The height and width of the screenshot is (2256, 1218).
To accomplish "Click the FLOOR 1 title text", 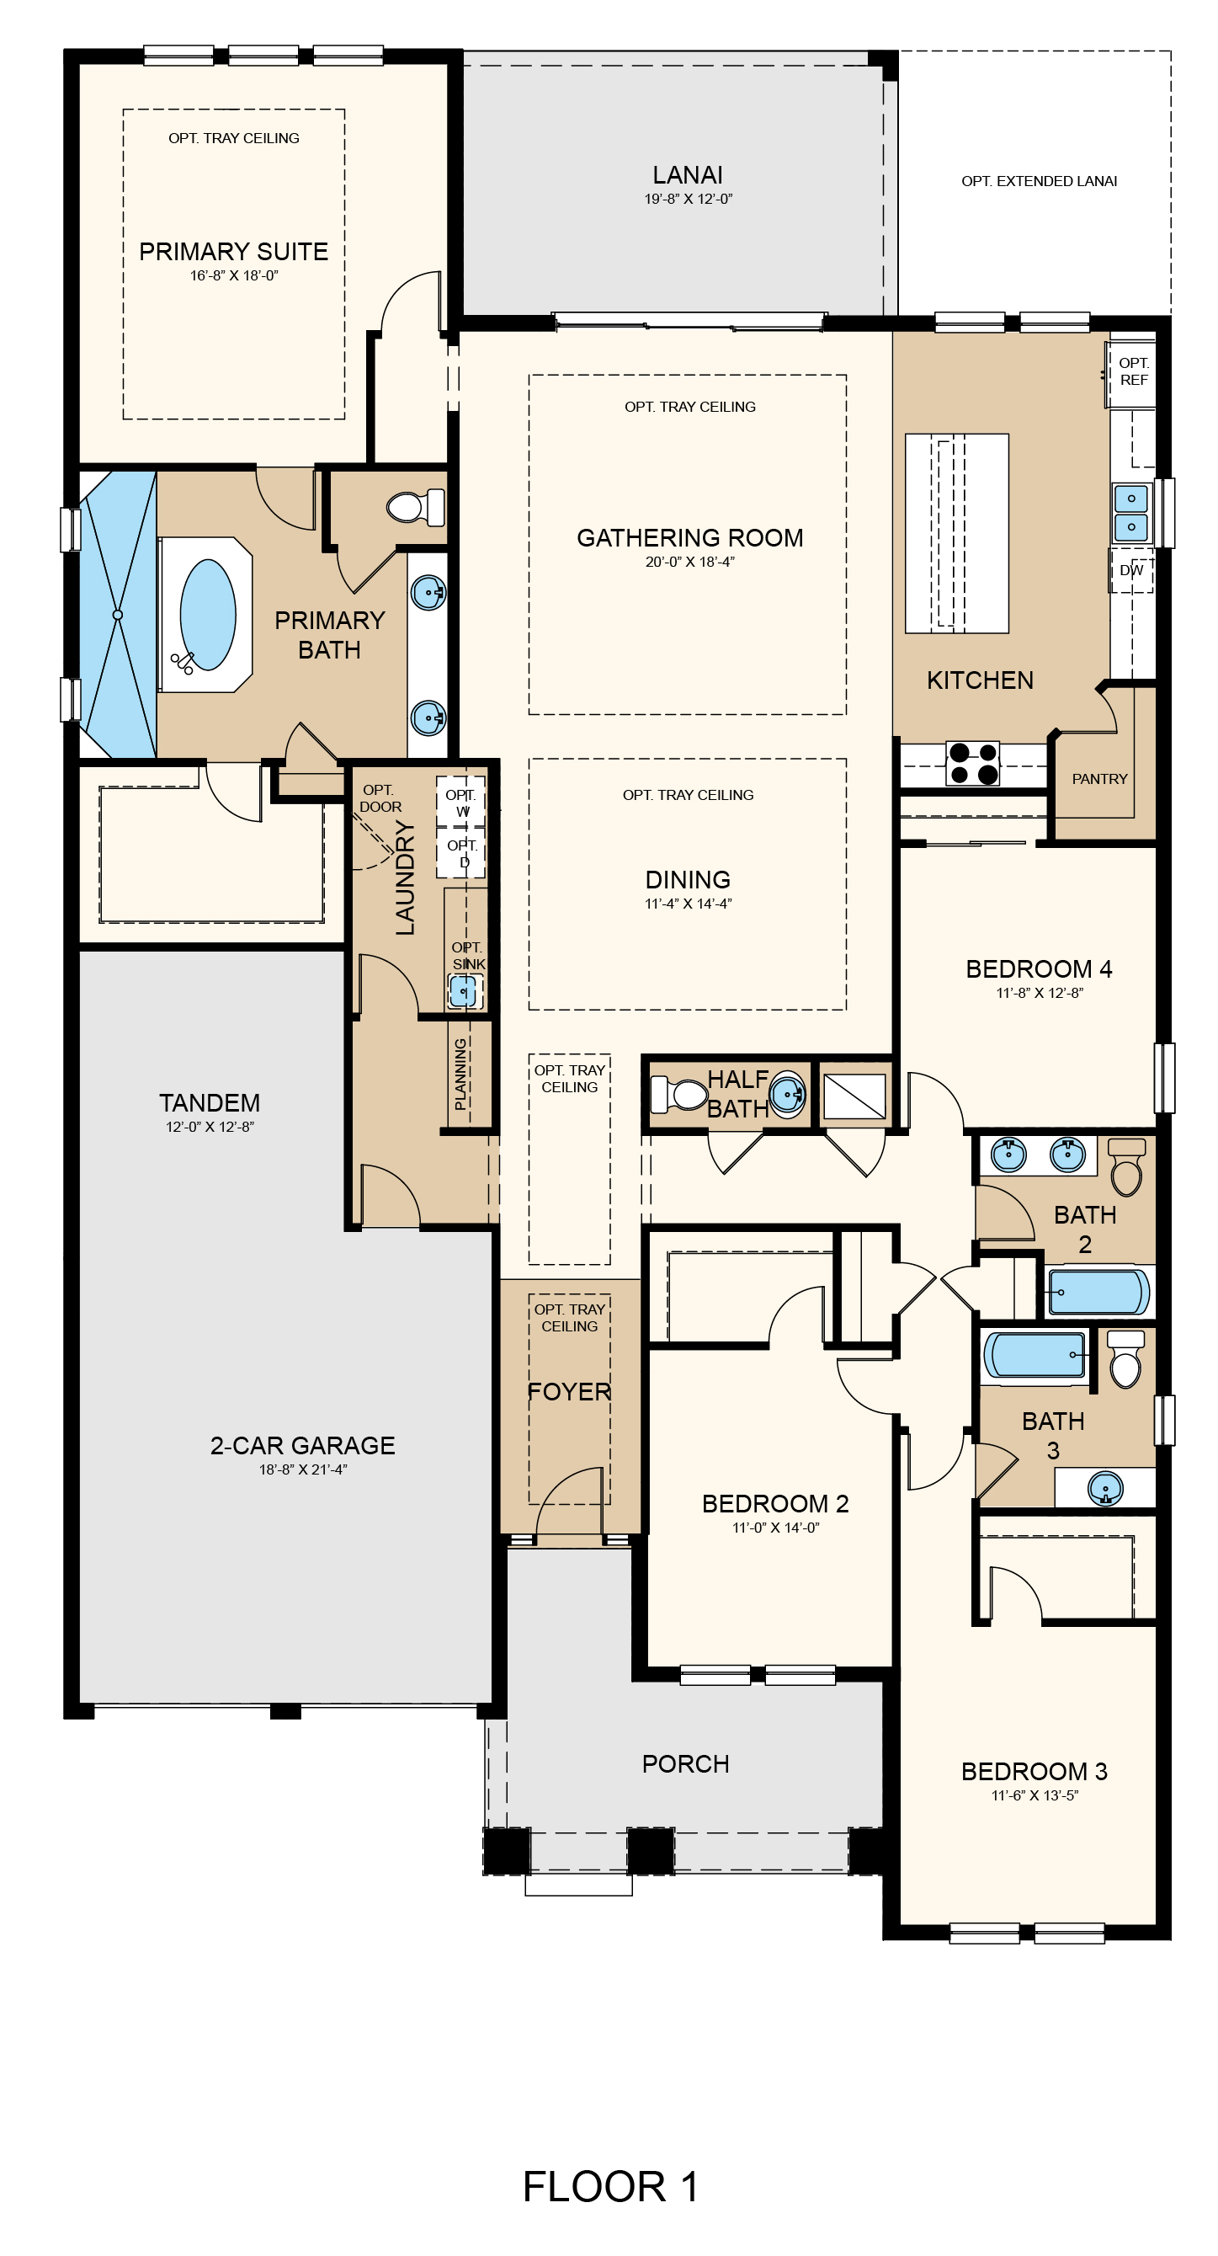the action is [610, 2186].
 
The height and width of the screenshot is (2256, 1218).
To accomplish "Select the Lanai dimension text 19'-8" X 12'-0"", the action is [689, 199].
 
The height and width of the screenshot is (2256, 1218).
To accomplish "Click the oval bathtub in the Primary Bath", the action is [208, 615].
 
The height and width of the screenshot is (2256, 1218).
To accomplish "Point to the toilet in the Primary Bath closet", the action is [415, 506].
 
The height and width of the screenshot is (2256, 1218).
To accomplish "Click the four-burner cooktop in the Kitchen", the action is [973, 763].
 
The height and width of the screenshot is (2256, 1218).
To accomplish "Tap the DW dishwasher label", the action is [1131, 570].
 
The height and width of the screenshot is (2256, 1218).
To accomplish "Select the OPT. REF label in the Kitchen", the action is [1134, 371].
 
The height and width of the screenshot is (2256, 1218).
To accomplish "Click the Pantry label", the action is [1100, 779].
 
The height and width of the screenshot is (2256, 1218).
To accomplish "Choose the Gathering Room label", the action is [690, 538].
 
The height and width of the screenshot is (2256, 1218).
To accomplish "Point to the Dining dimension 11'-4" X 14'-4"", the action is [689, 904].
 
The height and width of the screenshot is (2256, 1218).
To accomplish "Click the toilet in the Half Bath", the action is [679, 1095].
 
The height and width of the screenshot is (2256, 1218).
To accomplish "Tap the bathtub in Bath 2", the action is [1099, 1292].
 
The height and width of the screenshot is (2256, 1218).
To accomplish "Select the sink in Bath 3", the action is [1106, 1488].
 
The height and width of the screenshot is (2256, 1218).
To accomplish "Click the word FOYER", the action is [569, 1392].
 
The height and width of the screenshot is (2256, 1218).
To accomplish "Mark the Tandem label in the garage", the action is [210, 1102].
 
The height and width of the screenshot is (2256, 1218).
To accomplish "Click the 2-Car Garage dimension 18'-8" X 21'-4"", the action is [303, 1469].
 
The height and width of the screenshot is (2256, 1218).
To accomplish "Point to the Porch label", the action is [686, 1764].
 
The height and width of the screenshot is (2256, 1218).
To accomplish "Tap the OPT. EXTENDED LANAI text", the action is [1040, 181].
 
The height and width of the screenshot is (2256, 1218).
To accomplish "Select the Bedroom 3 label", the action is [1035, 1772].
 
